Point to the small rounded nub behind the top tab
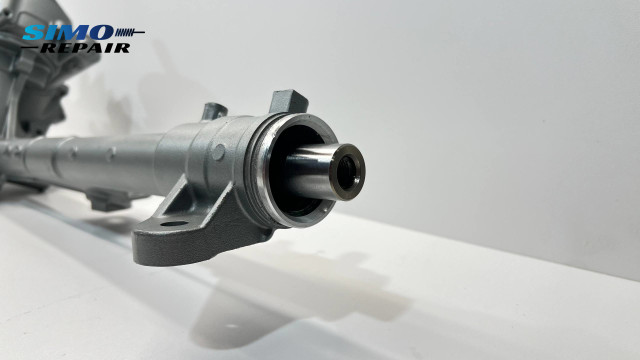pos(213,110)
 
